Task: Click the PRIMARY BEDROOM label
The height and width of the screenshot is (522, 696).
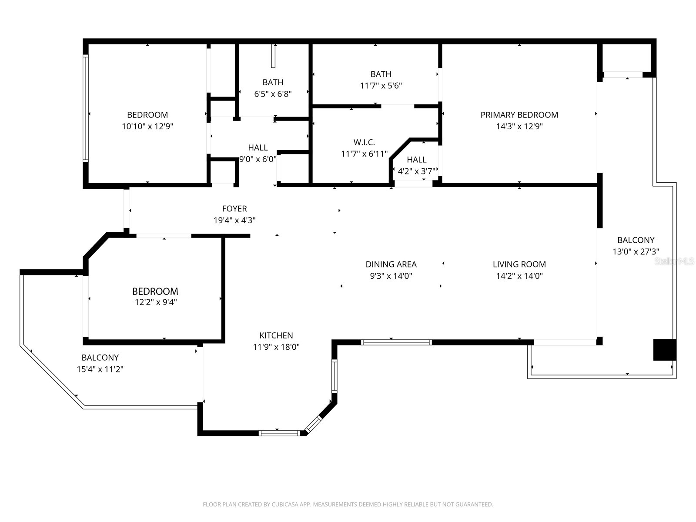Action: pos(519,115)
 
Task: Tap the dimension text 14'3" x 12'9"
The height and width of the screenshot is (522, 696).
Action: pos(519,127)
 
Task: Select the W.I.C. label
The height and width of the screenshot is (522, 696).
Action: pos(364,142)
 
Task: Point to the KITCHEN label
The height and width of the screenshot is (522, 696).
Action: pos(276,335)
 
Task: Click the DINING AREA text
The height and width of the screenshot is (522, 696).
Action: pos(391,264)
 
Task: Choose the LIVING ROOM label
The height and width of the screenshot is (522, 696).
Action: pos(519,264)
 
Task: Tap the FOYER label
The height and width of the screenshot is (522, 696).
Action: pos(234,209)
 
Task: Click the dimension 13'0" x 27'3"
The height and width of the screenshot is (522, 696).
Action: pos(636,251)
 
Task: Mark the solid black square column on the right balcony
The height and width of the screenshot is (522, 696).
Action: pos(664,350)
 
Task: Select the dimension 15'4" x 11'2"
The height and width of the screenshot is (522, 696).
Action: pos(100,369)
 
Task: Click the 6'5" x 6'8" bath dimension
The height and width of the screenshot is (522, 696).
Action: pos(273,94)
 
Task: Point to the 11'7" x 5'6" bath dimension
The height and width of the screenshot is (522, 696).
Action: pos(381,86)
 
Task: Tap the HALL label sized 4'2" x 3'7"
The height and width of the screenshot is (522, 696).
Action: pos(416,160)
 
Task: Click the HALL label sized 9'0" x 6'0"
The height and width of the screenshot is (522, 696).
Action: pos(258,147)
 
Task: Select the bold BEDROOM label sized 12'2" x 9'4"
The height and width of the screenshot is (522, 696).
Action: pos(155,291)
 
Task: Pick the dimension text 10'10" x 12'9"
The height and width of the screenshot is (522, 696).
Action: pos(147,127)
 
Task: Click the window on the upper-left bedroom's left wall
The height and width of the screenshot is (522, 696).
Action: pos(86,108)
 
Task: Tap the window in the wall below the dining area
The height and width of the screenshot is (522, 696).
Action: pos(396,342)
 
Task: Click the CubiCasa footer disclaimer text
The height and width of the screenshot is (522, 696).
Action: pos(348,505)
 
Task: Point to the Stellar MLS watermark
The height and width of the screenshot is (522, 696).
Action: pos(674,261)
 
